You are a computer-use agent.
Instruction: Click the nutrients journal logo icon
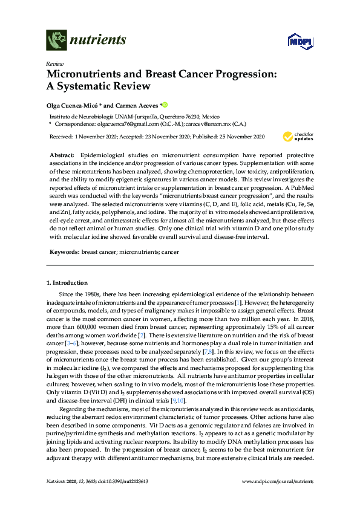57,41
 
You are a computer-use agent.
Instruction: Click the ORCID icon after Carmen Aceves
163,104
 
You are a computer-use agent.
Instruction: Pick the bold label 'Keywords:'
64,250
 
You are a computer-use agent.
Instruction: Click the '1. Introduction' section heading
67,283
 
